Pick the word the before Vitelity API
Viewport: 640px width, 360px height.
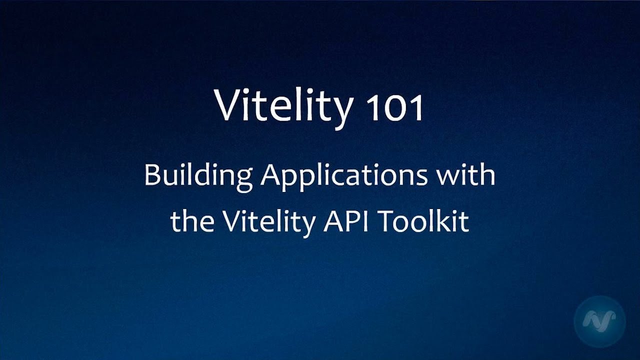click(191, 221)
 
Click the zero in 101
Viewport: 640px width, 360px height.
click(395, 109)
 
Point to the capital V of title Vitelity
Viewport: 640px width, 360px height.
click(228, 105)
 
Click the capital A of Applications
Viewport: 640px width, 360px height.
click(273, 175)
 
